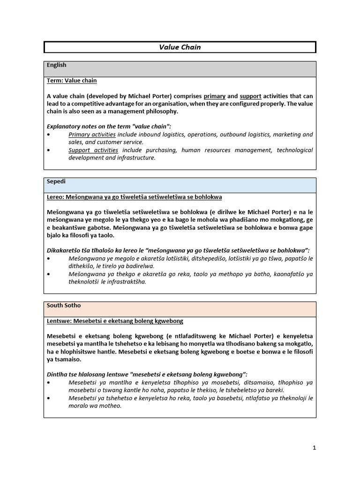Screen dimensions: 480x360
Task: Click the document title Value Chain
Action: click(x=180, y=47)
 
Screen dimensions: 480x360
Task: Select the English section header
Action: click(x=57, y=65)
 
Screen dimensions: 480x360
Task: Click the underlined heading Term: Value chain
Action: click(x=72, y=81)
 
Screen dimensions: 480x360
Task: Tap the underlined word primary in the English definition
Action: click(x=215, y=96)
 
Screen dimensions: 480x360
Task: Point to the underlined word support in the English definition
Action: click(x=250, y=96)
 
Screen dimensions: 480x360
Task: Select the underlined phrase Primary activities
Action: click(x=92, y=135)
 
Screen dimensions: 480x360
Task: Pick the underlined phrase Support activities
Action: click(x=93, y=150)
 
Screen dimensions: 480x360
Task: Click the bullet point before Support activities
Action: click(x=49, y=150)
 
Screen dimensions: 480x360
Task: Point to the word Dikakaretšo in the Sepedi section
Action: click(x=66, y=251)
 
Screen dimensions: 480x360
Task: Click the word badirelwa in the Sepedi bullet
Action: click(x=138, y=266)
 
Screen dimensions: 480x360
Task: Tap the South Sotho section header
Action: click(x=64, y=305)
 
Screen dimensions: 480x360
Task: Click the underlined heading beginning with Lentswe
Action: click(x=115, y=321)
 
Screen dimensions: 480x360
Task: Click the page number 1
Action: click(x=315, y=448)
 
